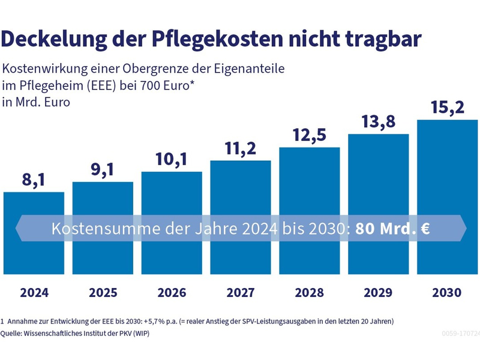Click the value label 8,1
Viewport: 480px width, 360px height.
pyautogui.click(x=34, y=179)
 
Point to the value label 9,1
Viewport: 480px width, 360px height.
pyautogui.click(x=103, y=169)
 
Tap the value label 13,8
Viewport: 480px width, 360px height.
pyautogui.click(x=378, y=122)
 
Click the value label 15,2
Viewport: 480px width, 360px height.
pyautogui.click(x=447, y=108)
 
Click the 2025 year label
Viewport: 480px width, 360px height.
pyautogui.click(x=103, y=293)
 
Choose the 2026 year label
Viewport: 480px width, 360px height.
pyautogui.click(x=172, y=293)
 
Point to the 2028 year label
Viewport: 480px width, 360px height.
pyautogui.click(x=309, y=293)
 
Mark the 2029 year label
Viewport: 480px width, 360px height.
pyautogui.click(x=378, y=293)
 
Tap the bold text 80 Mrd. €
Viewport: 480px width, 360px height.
pyautogui.click(x=391, y=229)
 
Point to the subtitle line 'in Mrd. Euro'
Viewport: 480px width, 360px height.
pyautogui.click(x=37, y=102)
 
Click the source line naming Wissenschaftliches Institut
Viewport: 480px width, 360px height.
pyautogui.click(x=75, y=333)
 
